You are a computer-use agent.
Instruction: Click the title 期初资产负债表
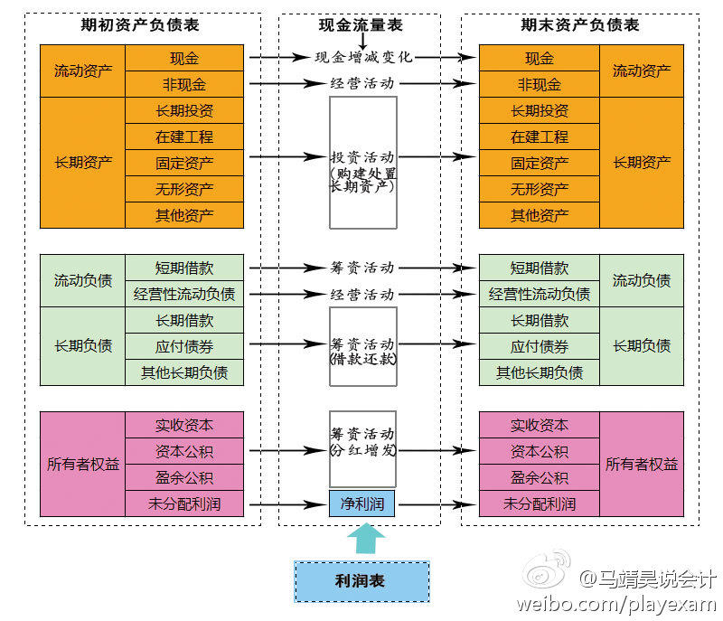(x=142, y=25)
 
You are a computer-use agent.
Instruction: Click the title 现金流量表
(x=361, y=25)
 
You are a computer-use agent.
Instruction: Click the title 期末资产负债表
(x=580, y=25)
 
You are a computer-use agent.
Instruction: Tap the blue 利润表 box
(x=361, y=581)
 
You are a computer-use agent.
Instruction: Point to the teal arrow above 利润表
(x=365, y=540)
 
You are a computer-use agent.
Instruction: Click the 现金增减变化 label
(x=363, y=57)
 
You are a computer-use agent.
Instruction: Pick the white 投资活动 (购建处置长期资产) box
(x=362, y=163)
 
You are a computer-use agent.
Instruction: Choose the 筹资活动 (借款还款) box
(x=362, y=346)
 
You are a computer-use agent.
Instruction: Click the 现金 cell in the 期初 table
(x=184, y=58)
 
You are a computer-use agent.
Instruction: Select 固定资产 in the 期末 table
(x=540, y=163)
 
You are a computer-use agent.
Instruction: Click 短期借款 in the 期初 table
(x=184, y=268)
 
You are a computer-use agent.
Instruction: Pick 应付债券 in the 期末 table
(x=540, y=346)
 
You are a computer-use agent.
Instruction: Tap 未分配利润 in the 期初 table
(x=184, y=503)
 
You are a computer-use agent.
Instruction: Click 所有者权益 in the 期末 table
(x=642, y=465)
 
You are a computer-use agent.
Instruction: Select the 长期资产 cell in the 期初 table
(x=83, y=163)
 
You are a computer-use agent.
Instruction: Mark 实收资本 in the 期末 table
(x=540, y=425)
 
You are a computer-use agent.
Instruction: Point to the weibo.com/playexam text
(x=615, y=604)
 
